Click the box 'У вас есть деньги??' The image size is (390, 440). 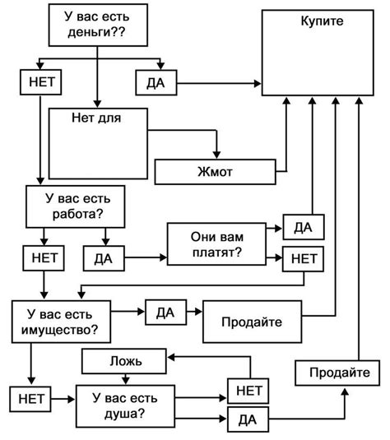[98, 25]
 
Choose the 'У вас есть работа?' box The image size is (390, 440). [74, 206]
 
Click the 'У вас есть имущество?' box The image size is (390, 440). [62, 322]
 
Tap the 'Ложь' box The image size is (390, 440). [123, 360]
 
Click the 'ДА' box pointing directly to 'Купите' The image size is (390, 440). [156, 82]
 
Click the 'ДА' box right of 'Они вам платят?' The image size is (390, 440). [302, 227]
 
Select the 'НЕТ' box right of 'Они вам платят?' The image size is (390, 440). [303, 259]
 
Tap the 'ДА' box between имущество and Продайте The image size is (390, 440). [165, 313]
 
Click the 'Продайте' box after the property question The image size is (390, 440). [252, 321]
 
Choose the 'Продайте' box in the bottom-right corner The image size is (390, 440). [339, 373]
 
